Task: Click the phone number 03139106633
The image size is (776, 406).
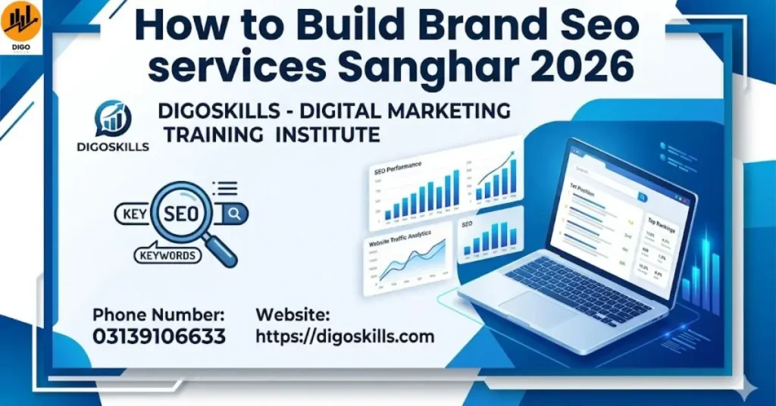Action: click(x=159, y=336)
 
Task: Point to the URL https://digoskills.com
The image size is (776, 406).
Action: click(x=346, y=336)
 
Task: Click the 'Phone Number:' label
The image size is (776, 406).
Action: click(x=158, y=314)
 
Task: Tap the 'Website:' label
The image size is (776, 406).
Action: click(x=293, y=314)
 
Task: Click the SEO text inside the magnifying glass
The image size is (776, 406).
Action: click(x=182, y=213)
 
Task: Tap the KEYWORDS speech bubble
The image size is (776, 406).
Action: click(x=166, y=256)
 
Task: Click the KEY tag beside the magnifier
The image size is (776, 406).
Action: click(x=134, y=214)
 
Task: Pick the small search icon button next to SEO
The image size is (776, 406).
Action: click(x=234, y=214)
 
